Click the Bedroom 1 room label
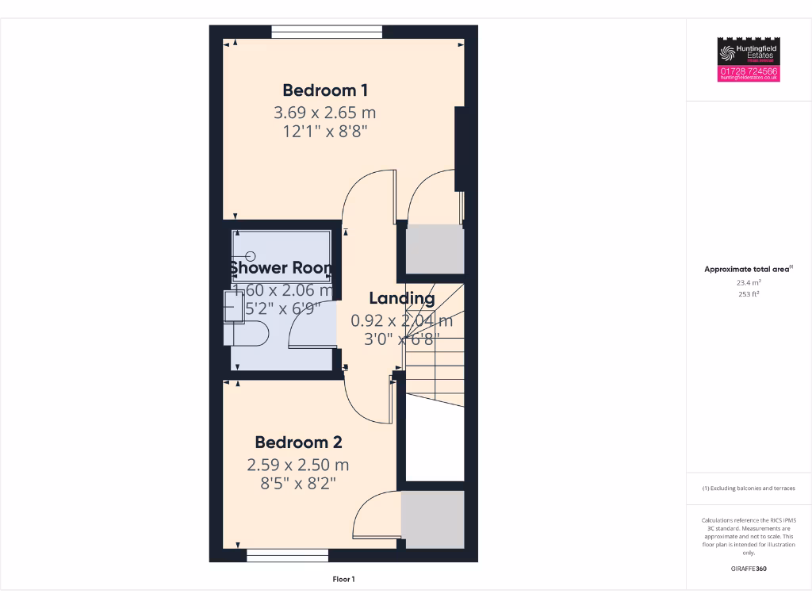(x=325, y=90)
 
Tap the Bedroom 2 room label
(x=298, y=442)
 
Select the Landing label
(x=402, y=299)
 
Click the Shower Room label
(x=281, y=268)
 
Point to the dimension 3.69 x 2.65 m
(x=325, y=113)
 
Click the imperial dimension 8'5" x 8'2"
(x=298, y=483)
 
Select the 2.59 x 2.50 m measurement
(x=298, y=465)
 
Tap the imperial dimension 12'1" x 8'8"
(x=325, y=132)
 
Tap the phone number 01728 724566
(x=749, y=71)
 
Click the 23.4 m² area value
(x=749, y=282)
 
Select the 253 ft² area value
(x=749, y=294)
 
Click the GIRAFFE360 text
(x=749, y=569)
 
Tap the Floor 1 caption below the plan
(x=343, y=580)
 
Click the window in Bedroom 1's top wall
(x=327, y=32)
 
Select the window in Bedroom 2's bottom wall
(x=287, y=555)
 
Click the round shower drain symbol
(x=251, y=255)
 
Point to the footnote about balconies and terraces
(x=749, y=488)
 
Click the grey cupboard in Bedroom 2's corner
(x=432, y=519)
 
